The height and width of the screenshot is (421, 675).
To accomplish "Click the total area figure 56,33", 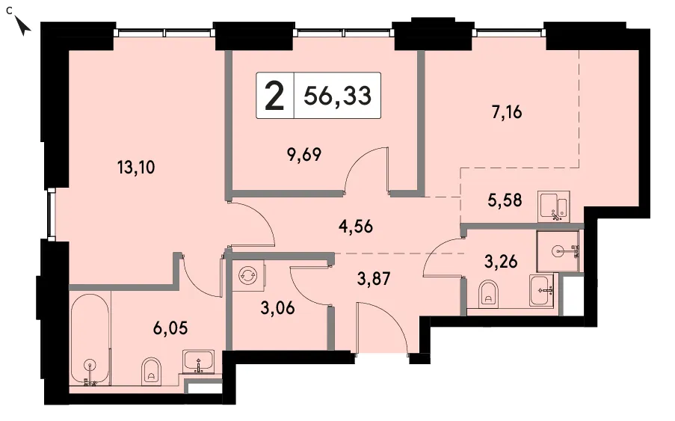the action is click(x=337, y=96).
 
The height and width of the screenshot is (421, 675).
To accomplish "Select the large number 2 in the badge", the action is click(x=274, y=96).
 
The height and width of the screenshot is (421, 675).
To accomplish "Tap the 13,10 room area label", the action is click(x=136, y=167).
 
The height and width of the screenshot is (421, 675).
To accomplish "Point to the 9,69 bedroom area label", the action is click(x=304, y=154).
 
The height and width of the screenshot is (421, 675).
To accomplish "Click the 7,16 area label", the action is click(x=507, y=112).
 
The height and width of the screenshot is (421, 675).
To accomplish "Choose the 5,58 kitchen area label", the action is click(x=505, y=200).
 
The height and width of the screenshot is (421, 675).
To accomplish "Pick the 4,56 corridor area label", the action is click(x=356, y=226).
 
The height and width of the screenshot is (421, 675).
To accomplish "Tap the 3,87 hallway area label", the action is click(x=374, y=278).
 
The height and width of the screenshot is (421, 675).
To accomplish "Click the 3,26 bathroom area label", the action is click(x=501, y=261).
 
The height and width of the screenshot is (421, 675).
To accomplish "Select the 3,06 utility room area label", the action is click(x=277, y=308).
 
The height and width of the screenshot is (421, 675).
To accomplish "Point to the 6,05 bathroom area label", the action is click(x=170, y=328).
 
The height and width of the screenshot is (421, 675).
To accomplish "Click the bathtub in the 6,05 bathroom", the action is click(x=90, y=339).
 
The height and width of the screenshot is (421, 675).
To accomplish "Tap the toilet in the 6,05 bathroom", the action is click(x=151, y=369).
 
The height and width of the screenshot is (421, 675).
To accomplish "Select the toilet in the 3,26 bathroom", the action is click(x=487, y=292).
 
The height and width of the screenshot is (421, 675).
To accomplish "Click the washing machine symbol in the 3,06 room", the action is click(x=248, y=274).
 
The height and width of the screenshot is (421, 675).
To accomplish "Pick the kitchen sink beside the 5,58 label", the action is click(x=555, y=206).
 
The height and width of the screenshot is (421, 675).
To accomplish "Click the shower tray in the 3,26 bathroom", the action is click(x=558, y=251).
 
